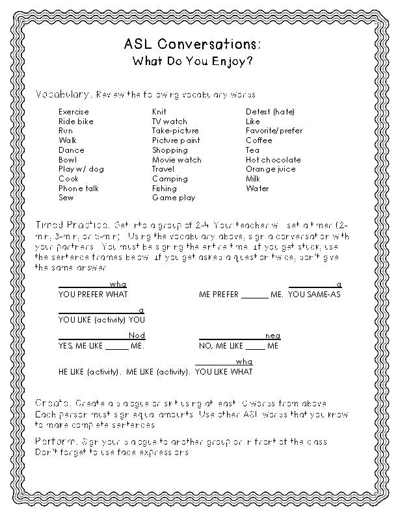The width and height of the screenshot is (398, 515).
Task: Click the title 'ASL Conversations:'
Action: (193, 45)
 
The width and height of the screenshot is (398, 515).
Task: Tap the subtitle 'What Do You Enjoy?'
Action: (193, 62)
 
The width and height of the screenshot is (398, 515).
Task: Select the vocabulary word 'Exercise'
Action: (73, 112)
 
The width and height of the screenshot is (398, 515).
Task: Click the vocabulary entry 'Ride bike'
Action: (76, 122)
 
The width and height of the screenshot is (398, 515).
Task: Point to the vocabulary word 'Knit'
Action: (159, 112)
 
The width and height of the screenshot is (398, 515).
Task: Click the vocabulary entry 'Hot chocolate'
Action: (273, 159)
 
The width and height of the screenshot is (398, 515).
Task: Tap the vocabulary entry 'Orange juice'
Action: (271, 169)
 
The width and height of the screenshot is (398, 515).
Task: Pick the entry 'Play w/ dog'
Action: (81, 169)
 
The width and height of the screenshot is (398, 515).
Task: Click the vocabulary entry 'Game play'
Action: (174, 198)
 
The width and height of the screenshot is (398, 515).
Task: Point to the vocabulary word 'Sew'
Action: (66, 198)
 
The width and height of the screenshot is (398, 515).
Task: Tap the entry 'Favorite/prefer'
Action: (274, 131)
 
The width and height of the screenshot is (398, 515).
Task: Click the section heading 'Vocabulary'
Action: (62, 94)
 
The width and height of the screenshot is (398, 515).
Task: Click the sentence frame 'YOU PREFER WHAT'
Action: (93, 295)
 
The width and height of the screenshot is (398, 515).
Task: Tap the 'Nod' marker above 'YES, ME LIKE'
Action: (137, 335)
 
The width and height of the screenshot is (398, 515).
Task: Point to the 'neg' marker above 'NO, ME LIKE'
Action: (273, 336)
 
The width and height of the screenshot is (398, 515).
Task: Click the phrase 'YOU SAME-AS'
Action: (315, 295)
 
